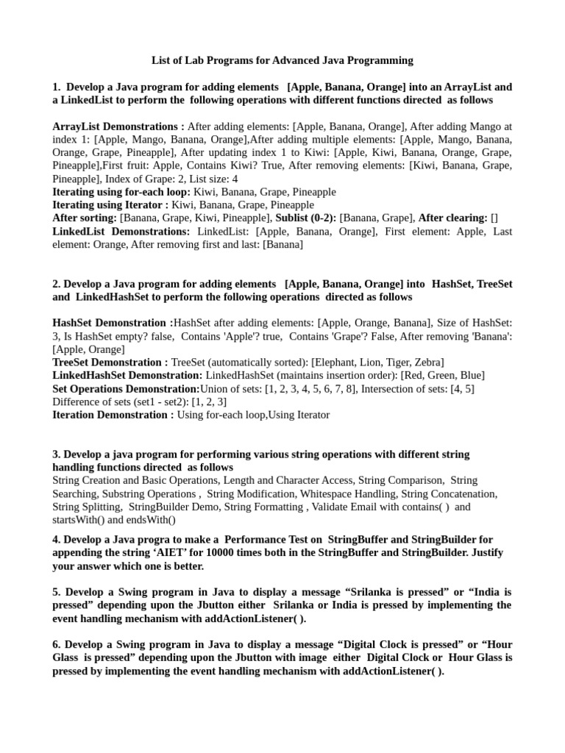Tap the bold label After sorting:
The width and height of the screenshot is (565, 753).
tap(85, 218)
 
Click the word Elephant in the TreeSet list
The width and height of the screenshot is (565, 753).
tap(336, 363)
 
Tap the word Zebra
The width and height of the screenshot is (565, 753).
tap(427, 363)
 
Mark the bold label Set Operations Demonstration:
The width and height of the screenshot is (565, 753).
tap(126, 389)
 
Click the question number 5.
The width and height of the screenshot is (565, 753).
tap(56, 592)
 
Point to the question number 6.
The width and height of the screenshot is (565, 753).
tap(56, 645)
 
